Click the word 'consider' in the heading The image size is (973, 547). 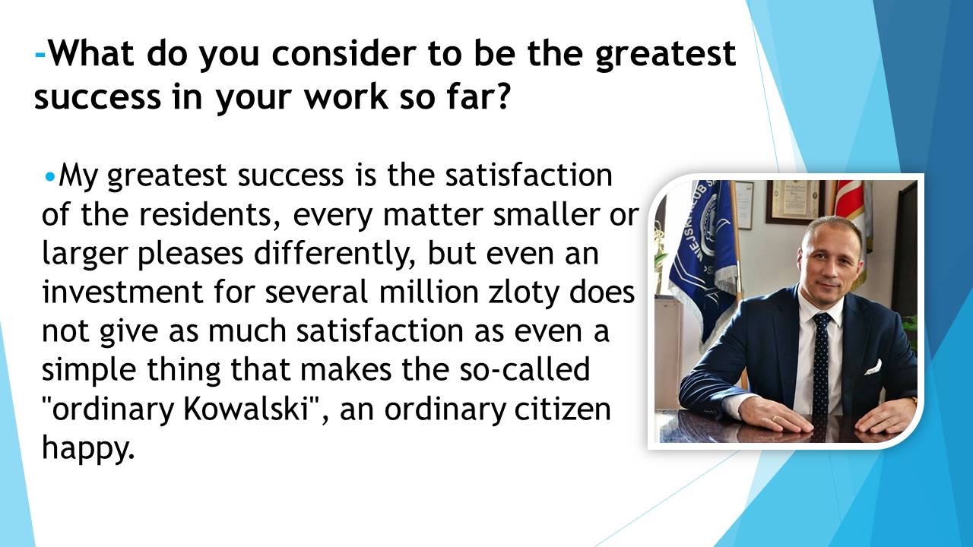[344, 53]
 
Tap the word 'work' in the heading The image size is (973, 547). [346, 96]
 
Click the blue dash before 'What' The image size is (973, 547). [40, 55]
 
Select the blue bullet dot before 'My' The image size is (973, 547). [50, 177]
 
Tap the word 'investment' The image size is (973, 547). [122, 292]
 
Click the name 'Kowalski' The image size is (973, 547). [246, 409]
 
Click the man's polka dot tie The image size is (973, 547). [820, 364]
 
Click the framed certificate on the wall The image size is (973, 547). [793, 202]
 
